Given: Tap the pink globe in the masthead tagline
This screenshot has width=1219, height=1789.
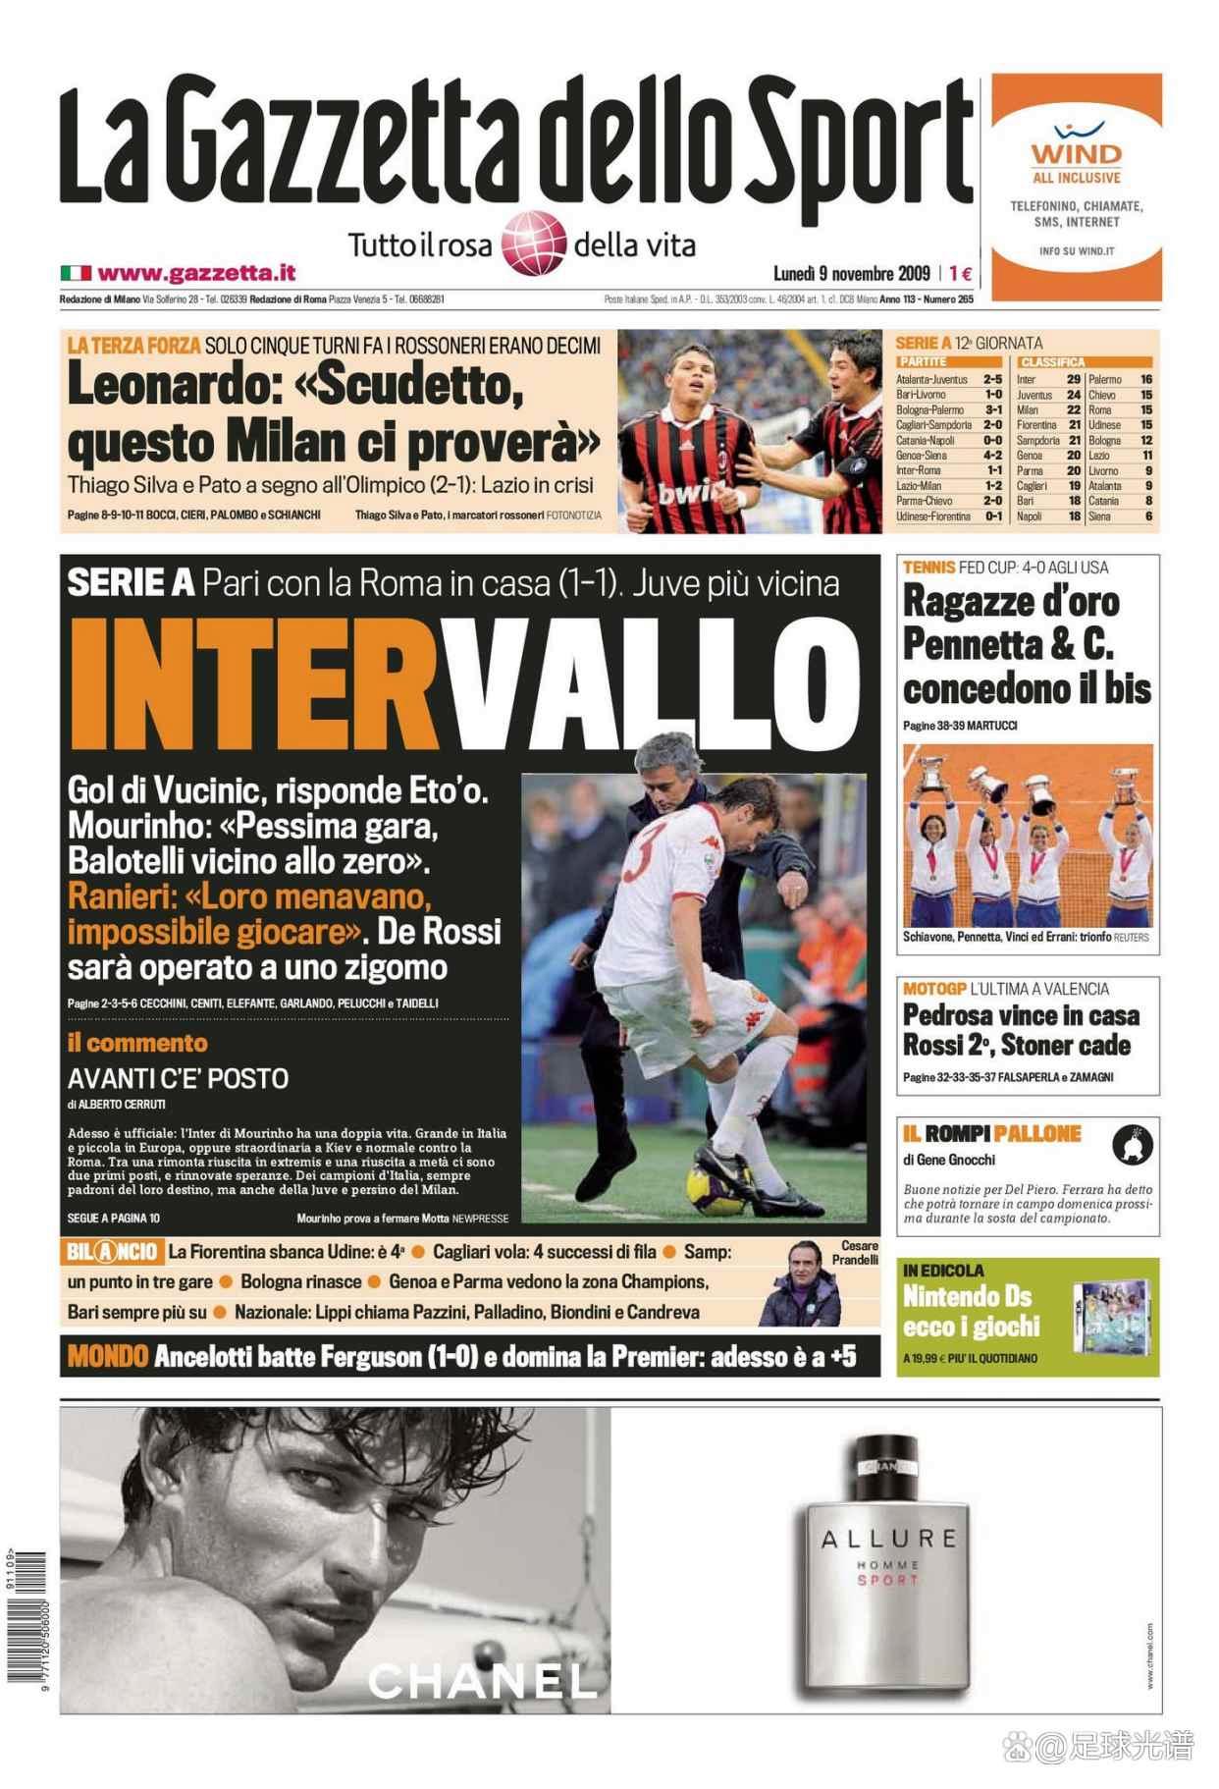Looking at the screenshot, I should click(534, 242).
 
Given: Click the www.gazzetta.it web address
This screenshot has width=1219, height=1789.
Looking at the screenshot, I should click(196, 273).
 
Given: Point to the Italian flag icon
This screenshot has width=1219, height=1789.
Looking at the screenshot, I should click(76, 273).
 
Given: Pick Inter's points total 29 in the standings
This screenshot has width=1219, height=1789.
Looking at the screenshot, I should click(1073, 379).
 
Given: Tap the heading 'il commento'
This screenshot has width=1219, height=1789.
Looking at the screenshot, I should click(137, 1043).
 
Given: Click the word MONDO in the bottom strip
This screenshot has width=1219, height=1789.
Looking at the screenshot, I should click(108, 1357).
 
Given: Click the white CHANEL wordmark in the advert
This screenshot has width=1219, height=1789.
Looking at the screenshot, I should click(482, 1679).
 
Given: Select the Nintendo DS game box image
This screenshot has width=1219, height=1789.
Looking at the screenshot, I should click(1108, 1316).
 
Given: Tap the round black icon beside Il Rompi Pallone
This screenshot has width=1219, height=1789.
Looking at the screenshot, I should click(1131, 1145).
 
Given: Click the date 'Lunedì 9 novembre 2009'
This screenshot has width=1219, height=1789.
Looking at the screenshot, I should click(853, 274).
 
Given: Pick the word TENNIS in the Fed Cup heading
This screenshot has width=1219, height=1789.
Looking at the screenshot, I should click(928, 567).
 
